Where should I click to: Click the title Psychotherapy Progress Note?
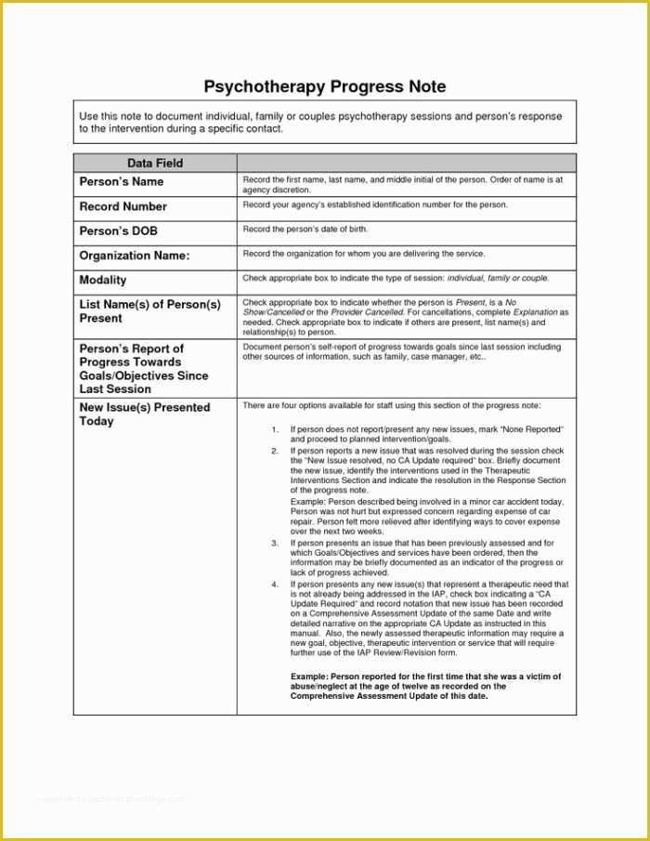point(324,86)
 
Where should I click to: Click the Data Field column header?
point(155,163)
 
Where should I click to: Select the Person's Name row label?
point(122,182)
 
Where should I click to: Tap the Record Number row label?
point(123,206)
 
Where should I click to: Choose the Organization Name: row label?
point(135,256)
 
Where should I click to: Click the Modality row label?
point(103,280)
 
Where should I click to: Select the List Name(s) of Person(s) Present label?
point(150,311)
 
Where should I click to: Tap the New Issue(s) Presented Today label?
point(145,414)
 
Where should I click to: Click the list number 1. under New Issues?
point(275,430)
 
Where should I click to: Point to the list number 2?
point(275,451)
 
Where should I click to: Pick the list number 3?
point(275,543)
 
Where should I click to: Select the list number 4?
point(275,585)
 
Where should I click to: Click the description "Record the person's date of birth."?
point(305,229)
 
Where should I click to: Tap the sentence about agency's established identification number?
point(375,204)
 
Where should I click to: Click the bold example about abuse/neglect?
point(425,686)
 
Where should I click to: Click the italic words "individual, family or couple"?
point(498,278)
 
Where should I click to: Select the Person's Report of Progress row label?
point(144,369)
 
